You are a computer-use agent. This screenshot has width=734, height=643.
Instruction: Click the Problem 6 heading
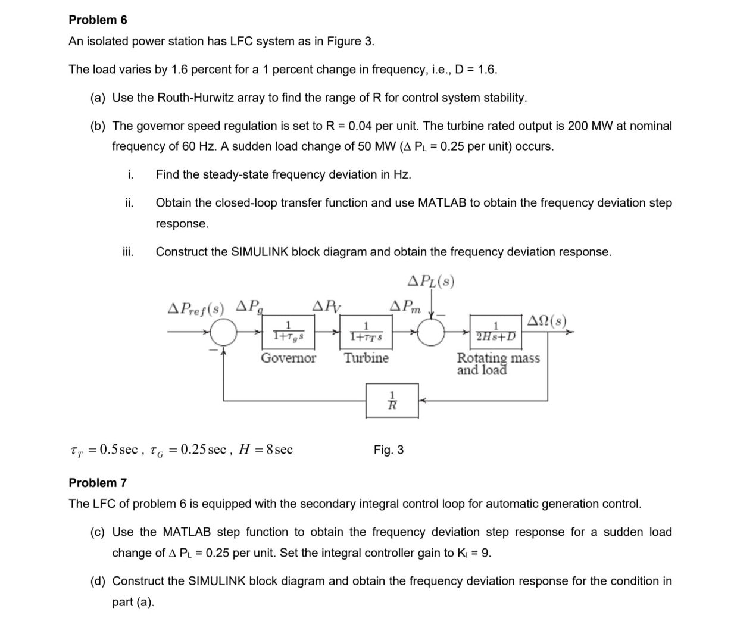(x=98, y=20)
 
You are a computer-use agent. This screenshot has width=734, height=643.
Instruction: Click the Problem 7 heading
(x=98, y=482)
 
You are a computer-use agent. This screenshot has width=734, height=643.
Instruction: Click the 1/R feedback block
(x=392, y=399)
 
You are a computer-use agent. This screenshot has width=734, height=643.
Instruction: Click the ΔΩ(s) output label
(x=546, y=321)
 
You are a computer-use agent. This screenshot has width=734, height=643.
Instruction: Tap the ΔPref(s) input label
(x=196, y=308)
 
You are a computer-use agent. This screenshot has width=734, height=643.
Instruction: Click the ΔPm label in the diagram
(x=405, y=307)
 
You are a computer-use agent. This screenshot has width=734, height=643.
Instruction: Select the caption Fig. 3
(x=388, y=450)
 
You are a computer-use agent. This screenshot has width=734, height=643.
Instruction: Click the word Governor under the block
(x=288, y=358)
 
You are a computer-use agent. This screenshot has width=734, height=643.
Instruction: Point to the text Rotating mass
(x=498, y=358)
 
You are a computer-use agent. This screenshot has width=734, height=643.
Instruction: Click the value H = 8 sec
(x=265, y=450)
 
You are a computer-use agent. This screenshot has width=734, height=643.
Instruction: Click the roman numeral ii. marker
(x=129, y=202)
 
